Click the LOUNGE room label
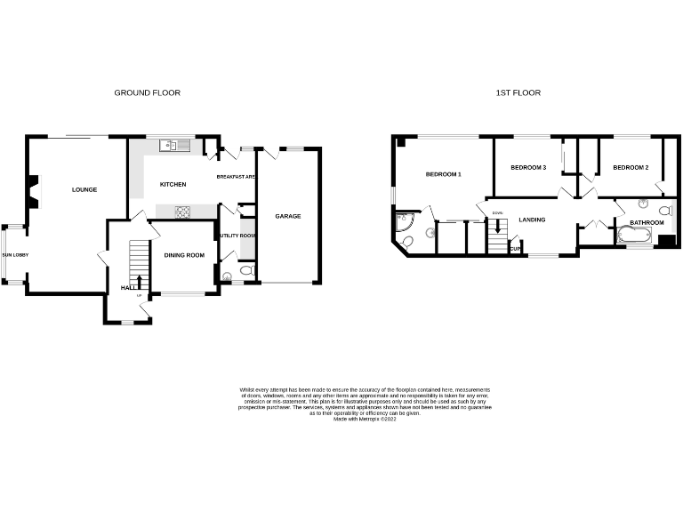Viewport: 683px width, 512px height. coord(84,189)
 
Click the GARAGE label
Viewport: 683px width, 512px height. coord(287,216)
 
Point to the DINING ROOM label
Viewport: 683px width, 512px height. coord(184,255)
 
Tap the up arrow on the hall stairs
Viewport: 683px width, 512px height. coord(139,283)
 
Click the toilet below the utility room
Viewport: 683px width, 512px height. coord(246,269)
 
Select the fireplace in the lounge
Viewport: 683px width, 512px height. coord(33,190)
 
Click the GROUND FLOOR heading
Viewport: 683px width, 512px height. coord(148,92)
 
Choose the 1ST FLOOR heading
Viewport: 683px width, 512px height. coord(518,92)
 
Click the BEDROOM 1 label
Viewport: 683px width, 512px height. coord(443,174)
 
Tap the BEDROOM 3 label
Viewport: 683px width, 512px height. coord(527,167)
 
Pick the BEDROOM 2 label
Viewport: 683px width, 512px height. coord(631,167)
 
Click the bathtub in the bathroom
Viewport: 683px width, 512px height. coord(633,236)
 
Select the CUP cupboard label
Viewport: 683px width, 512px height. coord(515,249)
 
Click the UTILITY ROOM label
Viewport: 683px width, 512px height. coord(237,236)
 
